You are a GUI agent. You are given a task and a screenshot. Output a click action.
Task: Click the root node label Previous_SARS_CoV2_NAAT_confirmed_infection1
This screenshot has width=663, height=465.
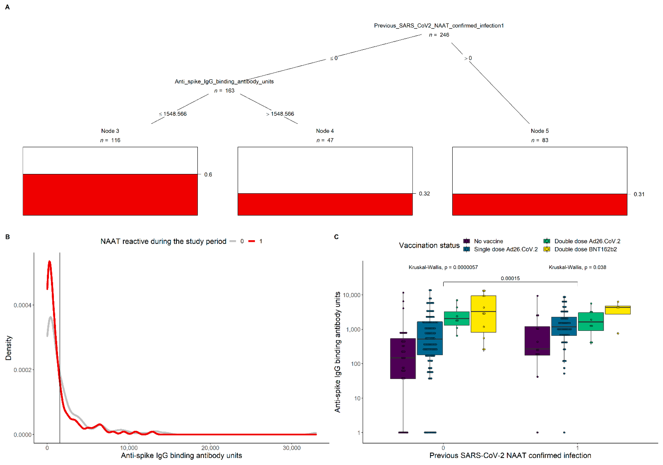pyautogui.click(x=439, y=26)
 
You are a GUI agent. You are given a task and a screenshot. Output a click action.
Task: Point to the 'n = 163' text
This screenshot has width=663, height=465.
pyautogui.click(x=224, y=91)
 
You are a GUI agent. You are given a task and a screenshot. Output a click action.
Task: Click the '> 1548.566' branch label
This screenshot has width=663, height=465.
pyautogui.click(x=280, y=114)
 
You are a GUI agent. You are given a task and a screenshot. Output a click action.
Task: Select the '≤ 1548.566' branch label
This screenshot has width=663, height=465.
pyautogui.click(x=173, y=114)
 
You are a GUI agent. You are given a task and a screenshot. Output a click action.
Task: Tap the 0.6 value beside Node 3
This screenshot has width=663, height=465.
pyautogui.click(x=208, y=175)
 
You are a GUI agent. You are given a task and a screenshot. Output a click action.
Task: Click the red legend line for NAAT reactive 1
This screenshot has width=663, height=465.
pyautogui.click(x=252, y=241)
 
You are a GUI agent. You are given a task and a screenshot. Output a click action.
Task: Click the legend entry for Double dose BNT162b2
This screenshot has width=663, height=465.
pyautogui.click(x=585, y=249)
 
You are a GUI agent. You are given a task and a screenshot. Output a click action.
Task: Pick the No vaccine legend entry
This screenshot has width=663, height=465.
pyautogui.click(x=488, y=241)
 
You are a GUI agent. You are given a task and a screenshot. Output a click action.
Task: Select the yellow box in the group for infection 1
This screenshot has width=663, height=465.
pyautogui.click(x=618, y=310)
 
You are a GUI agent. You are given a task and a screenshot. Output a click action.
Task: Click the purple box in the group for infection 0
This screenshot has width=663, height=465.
pyautogui.click(x=403, y=359)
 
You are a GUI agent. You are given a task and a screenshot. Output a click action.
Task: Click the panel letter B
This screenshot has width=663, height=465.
pyautogui.click(x=8, y=237)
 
